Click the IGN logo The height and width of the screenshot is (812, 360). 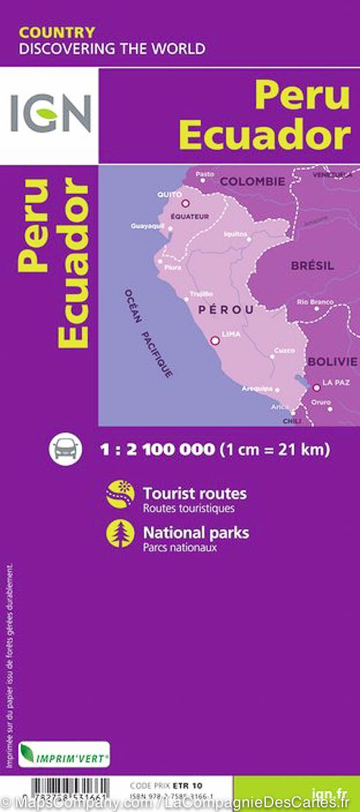(49, 114)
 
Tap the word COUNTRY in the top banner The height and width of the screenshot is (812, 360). (57, 32)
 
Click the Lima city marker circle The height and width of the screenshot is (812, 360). (215, 341)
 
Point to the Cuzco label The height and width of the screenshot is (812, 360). (284, 351)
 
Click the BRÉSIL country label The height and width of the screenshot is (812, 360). (313, 266)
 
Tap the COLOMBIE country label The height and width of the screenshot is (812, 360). (252, 181)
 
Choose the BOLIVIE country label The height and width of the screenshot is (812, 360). (332, 361)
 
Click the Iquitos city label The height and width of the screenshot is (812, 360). (235, 233)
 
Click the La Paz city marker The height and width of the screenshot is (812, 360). (316, 388)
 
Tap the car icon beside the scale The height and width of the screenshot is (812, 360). (65, 449)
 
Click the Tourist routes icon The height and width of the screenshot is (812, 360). (120, 494)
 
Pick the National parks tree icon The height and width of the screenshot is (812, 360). (120, 534)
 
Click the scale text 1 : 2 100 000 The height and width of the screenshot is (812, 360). (157, 449)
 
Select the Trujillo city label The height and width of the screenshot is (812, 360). (201, 294)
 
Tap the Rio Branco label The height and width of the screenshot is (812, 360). (315, 302)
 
